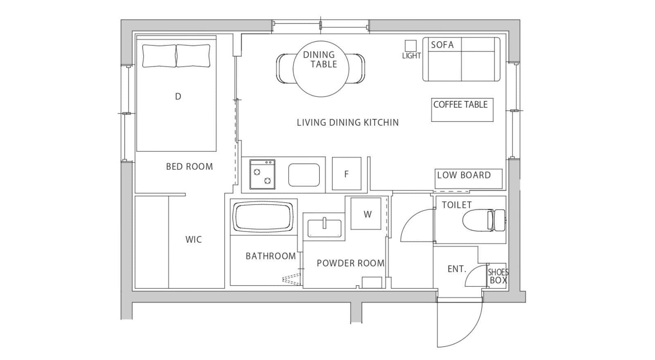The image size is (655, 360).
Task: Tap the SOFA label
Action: [442, 45]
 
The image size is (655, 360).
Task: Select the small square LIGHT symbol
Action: [410, 45]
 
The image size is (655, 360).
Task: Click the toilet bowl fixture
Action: [483, 220]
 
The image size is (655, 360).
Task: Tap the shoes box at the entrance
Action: [497, 276]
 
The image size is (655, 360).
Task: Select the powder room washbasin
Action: [324, 229]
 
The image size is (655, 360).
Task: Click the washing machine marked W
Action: [366, 214]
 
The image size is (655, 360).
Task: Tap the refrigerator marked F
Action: [346, 173]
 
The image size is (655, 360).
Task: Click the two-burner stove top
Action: [262, 174]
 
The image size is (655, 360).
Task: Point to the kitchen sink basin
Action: [304, 175]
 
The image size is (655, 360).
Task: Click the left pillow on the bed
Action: [159, 56]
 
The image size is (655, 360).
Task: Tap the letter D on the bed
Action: [178, 96]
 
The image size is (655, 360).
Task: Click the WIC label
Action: [193, 240]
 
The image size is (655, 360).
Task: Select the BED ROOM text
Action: [189, 166]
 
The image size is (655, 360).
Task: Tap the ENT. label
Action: [457, 269]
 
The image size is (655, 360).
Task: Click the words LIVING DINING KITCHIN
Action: [348, 122]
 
